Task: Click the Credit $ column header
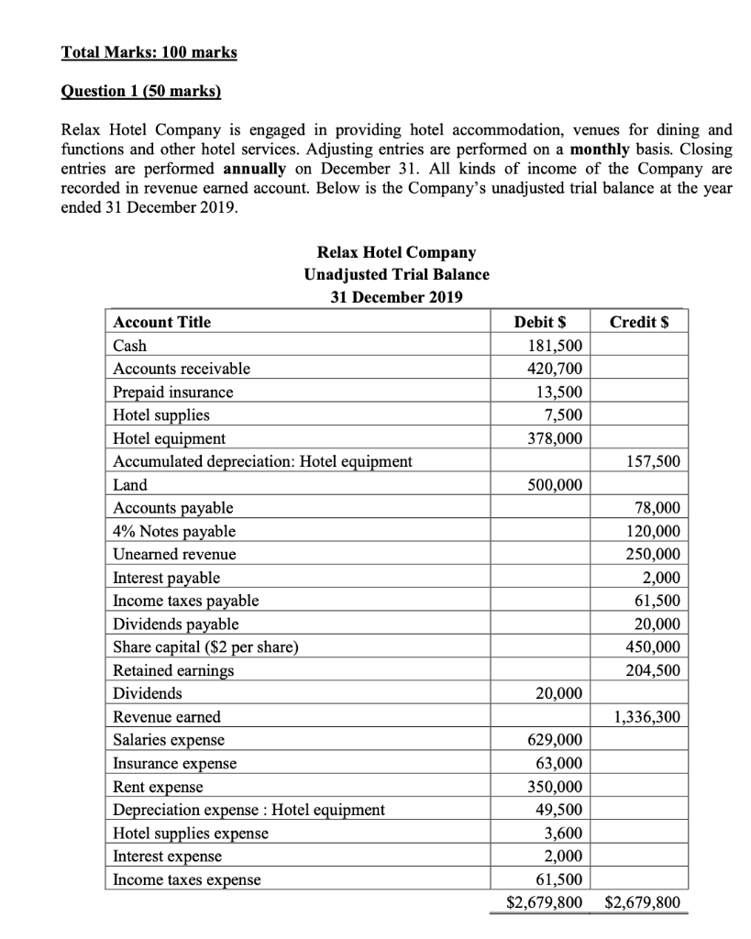[x=645, y=322]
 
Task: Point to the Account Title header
[x=161, y=322]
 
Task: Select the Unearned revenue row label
[x=174, y=554]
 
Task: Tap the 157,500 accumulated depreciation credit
[x=654, y=461]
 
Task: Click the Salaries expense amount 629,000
[x=555, y=740]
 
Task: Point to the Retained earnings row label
[x=173, y=670]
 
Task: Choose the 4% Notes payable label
[x=174, y=531]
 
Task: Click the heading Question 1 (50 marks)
[x=141, y=93]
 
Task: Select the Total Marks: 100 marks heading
[x=149, y=52]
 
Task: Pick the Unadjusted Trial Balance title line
[x=396, y=274]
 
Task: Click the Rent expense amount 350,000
[x=555, y=787]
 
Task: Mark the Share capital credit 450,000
[x=654, y=647]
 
